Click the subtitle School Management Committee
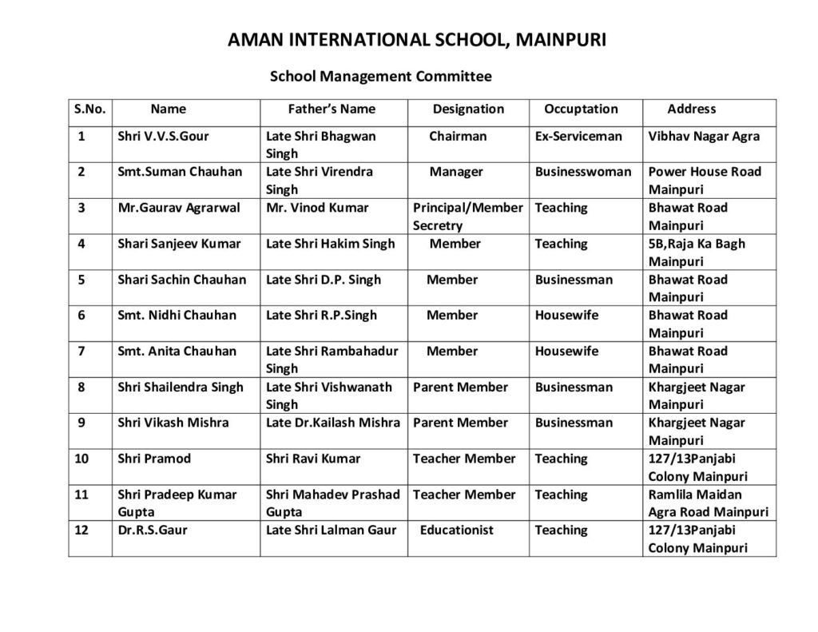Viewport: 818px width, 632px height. [380, 77]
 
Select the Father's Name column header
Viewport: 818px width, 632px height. [332, 109]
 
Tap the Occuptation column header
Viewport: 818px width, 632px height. [581, 109]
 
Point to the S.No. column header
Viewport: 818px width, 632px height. [89, 109]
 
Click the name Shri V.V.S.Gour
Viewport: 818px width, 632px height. [163, 136]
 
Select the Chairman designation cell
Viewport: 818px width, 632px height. [458, 136]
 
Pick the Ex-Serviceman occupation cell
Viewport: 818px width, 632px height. [578, 136]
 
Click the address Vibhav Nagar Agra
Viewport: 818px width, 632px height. [704, 136]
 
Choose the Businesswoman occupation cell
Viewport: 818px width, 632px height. [582, 172]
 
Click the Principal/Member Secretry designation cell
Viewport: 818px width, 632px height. [467, 217]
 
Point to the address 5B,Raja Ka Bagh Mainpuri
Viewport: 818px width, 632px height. [697, 252]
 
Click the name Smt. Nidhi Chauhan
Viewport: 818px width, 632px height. [177, 315]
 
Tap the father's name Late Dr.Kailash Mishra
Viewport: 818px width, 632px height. [332, 423]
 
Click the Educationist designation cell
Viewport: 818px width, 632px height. [457, 530]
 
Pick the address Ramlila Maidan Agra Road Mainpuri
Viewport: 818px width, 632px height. [708, 503]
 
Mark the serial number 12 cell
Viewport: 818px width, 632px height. [82, 530]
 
